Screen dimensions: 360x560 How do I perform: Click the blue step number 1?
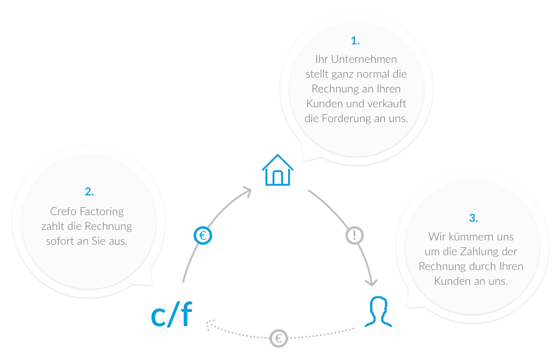click(x=355, y=41)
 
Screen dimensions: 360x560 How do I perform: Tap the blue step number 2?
click(x=89, y=191)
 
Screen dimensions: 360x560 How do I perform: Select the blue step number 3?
click(x=473, y=218)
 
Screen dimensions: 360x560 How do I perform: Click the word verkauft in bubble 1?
click(x=388, y=104)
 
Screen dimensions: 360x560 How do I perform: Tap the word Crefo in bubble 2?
click(x=63, y=211)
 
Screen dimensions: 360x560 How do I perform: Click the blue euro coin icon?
click(x=202, y=235)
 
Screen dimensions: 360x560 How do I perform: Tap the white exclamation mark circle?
click(x=355, y=235)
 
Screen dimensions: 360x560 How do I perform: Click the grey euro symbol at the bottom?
click(x=279, y=338)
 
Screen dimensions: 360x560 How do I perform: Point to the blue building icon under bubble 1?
click(x=275, y=170)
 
